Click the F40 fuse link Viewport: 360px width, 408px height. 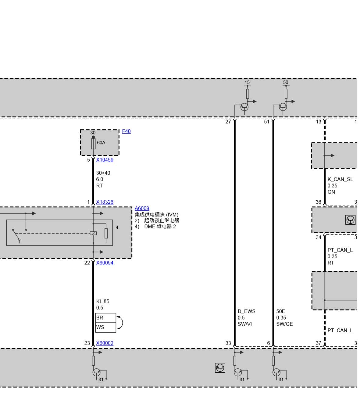tap(126, 131)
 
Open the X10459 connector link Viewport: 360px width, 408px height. tap(105, 160)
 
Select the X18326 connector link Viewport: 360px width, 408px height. tap(105, 202)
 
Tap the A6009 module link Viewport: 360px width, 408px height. tap(142, 208)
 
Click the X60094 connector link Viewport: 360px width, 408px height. tap(105, 263)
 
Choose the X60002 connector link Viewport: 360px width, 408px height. tap(105, 343)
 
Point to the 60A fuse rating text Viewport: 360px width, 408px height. tap(101, 143)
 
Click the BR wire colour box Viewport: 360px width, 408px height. tap(106, 318)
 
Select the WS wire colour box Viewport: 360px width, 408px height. tap(106, 327)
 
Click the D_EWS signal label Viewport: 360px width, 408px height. tap(246, 311)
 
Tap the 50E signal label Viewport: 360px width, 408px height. tap(280, 311)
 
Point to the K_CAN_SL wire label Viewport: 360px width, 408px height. tap(340, 179)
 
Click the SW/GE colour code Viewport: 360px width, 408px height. tap(284, 324)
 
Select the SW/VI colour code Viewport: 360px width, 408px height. tap(245, 324)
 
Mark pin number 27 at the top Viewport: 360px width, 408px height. tap(228, 122)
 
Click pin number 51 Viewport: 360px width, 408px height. tap(267, 122)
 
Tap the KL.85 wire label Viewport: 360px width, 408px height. tap(103, 301)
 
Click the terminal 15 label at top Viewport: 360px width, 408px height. tap(247, 82)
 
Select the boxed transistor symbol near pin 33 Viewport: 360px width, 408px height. tap(220, 368)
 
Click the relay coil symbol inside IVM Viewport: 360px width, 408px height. tap(93, 233)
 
